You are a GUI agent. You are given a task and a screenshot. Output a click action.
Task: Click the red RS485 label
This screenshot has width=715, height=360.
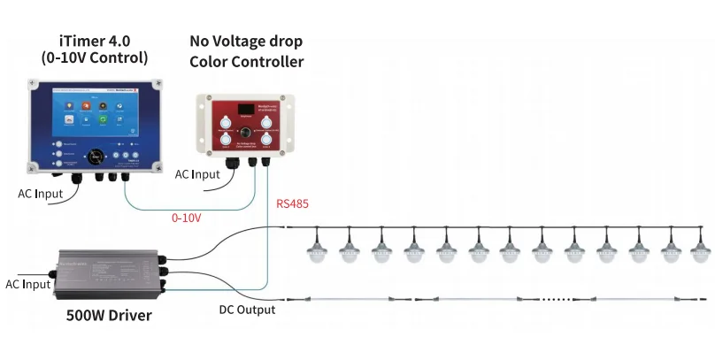click(292, 203)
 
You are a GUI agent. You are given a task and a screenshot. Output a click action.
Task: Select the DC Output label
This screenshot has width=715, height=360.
click(247, 310)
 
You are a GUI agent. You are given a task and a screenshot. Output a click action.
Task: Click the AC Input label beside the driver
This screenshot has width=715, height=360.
click(26, 284)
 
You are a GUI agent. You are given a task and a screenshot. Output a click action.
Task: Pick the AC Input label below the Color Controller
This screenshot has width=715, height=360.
click(196, 174)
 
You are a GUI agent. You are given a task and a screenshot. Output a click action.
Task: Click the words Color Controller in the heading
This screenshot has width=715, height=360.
click(246, 61)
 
